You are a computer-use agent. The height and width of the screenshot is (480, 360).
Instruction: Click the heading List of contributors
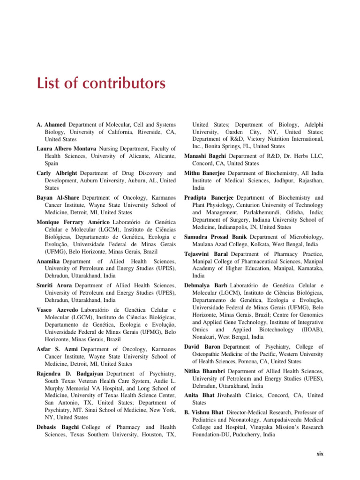[101, 84]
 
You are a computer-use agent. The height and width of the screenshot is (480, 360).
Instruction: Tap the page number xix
[320, 454]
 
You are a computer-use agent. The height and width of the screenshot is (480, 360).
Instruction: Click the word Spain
[52, 164]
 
